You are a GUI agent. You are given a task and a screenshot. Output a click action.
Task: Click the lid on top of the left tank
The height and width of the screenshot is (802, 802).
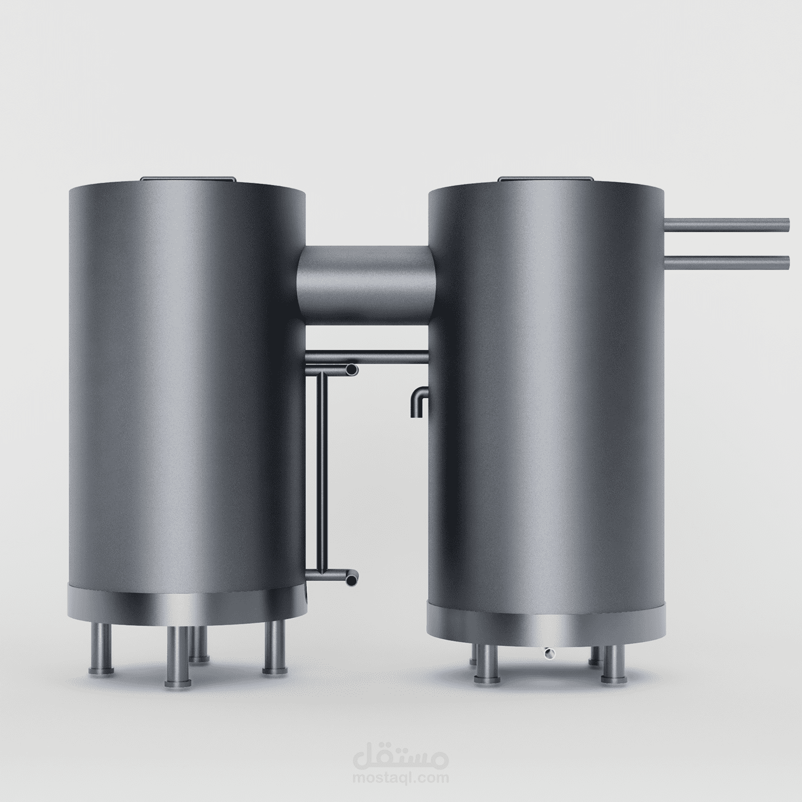188,179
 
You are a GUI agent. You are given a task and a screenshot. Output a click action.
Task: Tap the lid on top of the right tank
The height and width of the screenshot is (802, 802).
546,179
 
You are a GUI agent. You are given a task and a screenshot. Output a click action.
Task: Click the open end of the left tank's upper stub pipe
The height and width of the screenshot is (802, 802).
352,370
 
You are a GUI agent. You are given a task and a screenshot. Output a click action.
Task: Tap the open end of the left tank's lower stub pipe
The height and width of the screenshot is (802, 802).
352,579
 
